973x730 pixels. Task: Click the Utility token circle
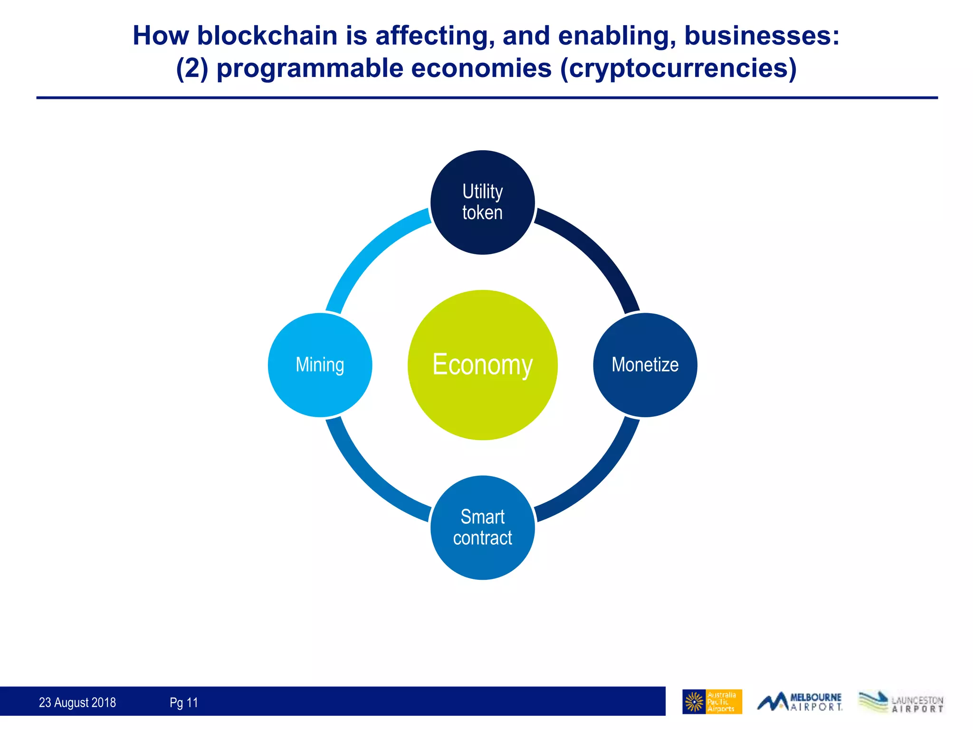click(x=482, y=202)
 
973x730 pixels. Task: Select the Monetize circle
click(x=645, y=365)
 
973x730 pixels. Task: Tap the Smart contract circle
click(x=482, y=528)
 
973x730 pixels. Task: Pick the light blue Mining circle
click(x=320, y=365)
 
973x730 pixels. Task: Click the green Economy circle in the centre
click(x=482, y=365)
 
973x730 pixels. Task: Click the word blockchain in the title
click(x=267, y=36)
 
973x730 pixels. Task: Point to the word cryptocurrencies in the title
click(x=677, y=68)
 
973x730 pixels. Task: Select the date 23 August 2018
click(x=77, y=702)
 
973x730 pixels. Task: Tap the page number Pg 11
click(x=184, y=702)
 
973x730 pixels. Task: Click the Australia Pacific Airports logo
click(x=712, y=702)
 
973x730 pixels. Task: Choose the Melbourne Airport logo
click(x=800, y=702)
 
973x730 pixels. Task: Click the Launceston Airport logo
click(x=901, y=702)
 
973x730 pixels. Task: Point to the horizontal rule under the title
click(x=486, y=98)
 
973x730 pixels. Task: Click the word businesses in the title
click(x=761, y=36)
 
